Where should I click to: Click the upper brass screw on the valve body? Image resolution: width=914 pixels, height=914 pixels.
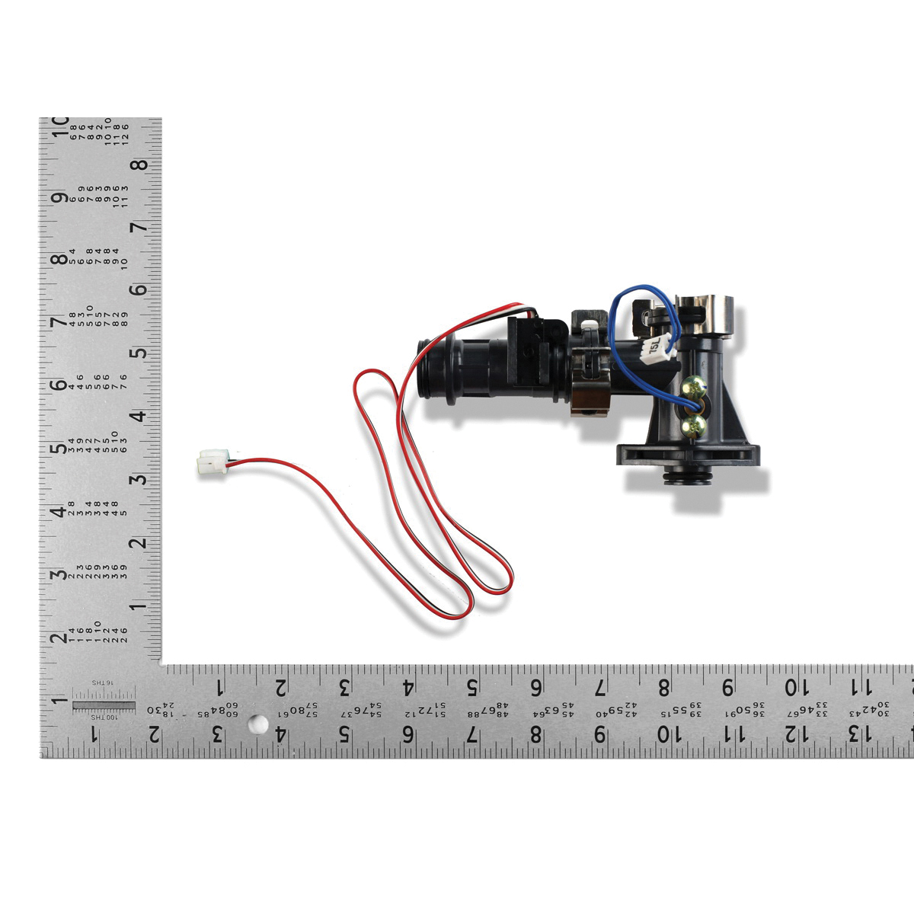[x=692, y=388]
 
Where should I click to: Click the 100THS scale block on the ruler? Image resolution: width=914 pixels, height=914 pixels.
[x=102, y=705]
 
